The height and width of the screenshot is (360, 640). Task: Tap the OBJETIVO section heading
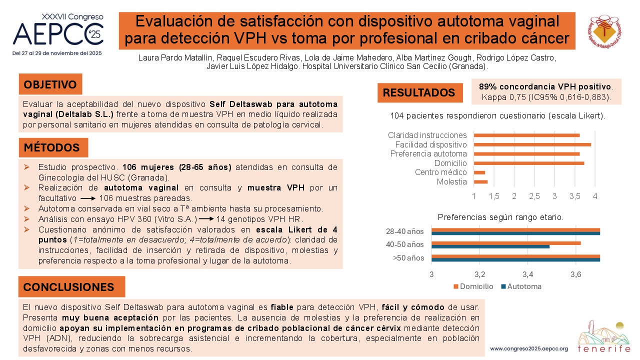click(50, 84)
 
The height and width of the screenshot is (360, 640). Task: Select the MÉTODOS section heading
click(53, 147)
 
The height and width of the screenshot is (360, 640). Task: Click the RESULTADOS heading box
click(420, 92)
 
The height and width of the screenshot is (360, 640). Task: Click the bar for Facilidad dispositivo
click(532, 144)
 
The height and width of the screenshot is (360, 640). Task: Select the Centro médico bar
click(479, 172)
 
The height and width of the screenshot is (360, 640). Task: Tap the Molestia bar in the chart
click(480, 181)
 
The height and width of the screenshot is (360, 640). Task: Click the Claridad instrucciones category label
click(427, 135)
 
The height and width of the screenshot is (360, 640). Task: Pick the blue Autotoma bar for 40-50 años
click(490, 246)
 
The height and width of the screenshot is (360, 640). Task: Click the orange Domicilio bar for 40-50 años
click(506, 243)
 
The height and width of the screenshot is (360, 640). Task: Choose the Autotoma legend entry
click(521, 286)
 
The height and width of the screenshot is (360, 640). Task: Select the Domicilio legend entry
click(473, 286)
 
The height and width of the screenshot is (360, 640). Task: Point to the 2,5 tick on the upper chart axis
click(534, 196)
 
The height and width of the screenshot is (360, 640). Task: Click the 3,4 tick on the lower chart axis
click(527, 274)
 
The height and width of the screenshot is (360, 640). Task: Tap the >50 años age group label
click(408, 258)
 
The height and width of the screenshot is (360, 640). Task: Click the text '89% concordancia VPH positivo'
click(545, 86)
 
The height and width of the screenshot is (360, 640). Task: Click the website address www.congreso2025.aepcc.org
click(529, 349)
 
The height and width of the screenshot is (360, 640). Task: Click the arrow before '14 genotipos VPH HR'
click(206, 219)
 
